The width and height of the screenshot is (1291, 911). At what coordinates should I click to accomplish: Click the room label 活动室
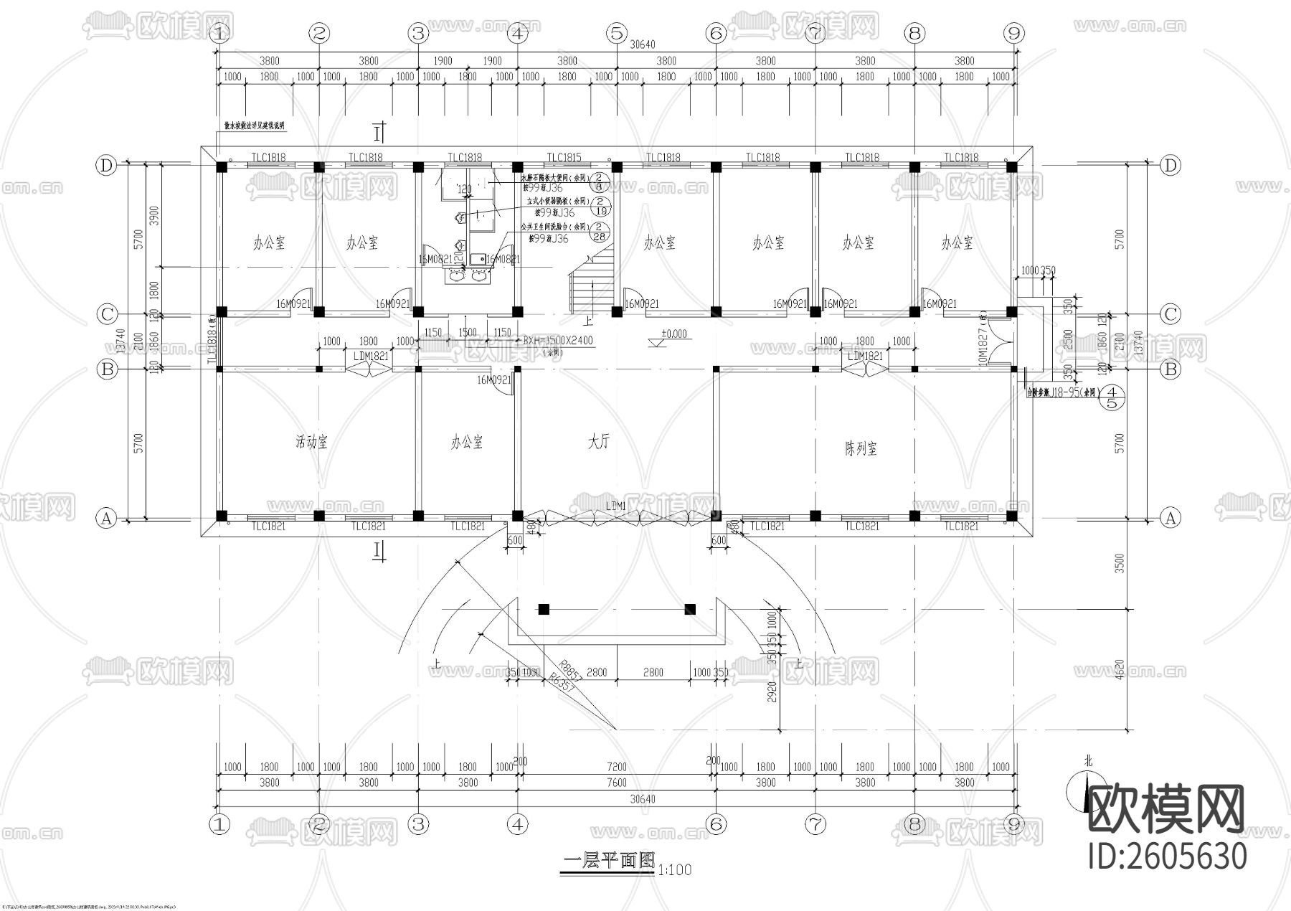pyautogui.click(x=311, y=442)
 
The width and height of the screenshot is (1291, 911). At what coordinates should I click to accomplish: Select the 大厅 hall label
pyautogui.click(x=599, y=442)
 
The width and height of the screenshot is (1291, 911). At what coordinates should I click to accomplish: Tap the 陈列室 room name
pyautogui.click(x=861, y=449)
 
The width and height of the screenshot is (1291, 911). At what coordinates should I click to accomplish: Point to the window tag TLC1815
pyautogui.click(x=564, y=158)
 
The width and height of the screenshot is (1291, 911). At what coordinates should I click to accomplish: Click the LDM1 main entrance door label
pyautogui.click(x=616, y=506)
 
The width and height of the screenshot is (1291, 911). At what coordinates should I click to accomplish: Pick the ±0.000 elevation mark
pyautogui.click(x=673, y=334)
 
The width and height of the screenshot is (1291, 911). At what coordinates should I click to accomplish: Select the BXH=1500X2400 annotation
pyautogui.click(x=557, y=341)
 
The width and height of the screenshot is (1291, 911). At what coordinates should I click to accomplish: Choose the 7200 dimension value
pyautogui.click(x=617, y=767)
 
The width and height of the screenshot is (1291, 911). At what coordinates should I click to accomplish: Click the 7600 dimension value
pyautogui.click(x=617, y=783)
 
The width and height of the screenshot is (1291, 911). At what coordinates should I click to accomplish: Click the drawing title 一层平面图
pyautogui.click(x=609, y=862)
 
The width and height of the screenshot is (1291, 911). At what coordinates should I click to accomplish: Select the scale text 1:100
pyautogui.click(x=674, y=870)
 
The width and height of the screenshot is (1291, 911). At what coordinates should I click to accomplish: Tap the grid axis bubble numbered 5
pyautogui.click(x=616, y=33)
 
